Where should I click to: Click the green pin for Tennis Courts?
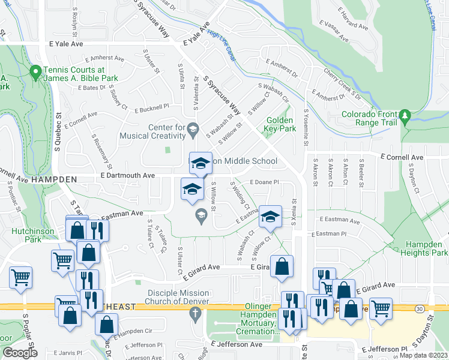pos(35,73)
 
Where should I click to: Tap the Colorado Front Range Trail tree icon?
pos(406,115)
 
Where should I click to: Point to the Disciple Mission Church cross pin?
pos(194,313)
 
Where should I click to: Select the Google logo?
pos(20,352)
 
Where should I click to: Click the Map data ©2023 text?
pos(423,355)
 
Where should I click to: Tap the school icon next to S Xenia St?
pos(270,217)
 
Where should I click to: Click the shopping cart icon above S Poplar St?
pos(21,278)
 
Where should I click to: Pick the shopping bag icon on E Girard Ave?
pos(281,266)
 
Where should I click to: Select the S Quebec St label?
pos(59,127)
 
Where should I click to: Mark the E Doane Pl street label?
pos(265,182)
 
